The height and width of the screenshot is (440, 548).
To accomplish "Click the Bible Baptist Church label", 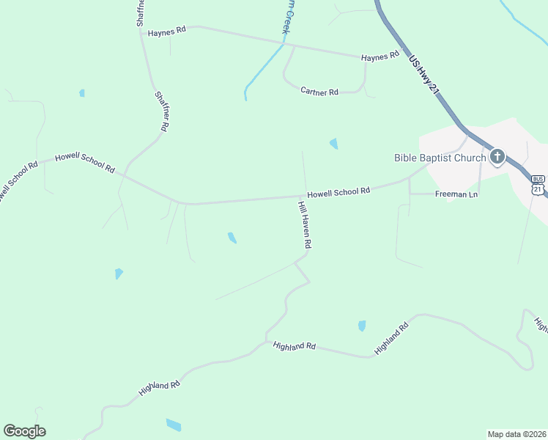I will [440, 158].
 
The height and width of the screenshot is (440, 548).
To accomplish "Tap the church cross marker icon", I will [497, 156].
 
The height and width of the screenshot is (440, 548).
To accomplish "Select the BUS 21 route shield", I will [538, 185].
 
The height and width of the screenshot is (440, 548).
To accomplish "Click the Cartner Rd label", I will [319, 92].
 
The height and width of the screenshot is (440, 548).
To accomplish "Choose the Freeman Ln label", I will [456, 194].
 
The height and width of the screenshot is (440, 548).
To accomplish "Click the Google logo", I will [24, 431].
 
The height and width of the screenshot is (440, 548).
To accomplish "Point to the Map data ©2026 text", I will [516, 433].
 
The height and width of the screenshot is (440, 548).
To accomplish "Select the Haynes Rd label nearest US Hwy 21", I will [379, 56].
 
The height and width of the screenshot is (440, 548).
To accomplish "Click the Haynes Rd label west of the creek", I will [167, 32].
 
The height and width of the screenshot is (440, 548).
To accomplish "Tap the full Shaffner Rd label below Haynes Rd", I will [162, 111].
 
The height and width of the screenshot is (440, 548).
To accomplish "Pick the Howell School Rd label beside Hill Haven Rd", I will [338, 192].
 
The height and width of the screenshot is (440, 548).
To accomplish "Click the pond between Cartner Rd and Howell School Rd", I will [334, 144].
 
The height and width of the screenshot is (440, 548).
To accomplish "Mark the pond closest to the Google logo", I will [174, 425].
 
